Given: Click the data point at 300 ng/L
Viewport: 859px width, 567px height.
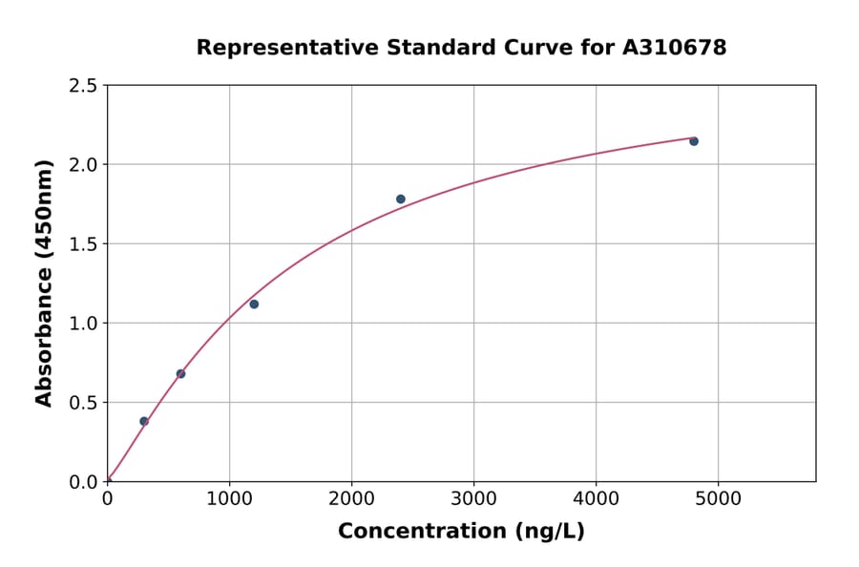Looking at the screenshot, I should click(144, 421).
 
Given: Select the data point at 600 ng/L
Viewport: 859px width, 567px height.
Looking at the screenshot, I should click(180, 373).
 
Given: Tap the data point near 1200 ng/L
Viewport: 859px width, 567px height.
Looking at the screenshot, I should click(254, 304).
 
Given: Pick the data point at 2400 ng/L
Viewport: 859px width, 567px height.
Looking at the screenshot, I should click(401, 199).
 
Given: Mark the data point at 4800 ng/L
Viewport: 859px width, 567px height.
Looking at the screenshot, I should click(694, 141).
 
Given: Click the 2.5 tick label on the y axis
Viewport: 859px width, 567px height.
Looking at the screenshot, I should click(83, 86).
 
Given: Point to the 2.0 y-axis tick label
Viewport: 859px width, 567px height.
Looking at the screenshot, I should click(83, 165).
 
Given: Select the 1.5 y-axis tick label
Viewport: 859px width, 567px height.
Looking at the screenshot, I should click(83, 244).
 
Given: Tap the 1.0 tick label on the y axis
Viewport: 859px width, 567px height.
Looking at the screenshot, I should click(83, 324).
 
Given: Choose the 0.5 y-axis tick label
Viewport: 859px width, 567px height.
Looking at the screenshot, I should click(83, 403).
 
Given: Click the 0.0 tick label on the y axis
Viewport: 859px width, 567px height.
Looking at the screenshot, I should click(83, 482).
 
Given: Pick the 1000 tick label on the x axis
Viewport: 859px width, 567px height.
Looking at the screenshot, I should click(229, 498).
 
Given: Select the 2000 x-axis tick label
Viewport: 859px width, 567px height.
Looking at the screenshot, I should click(351, 498).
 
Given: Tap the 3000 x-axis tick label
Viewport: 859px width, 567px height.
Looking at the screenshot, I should click(473, 498).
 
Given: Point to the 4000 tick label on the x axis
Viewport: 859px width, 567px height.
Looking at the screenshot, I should click(597, 498).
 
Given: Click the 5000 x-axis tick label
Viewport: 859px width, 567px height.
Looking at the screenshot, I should click(719, 498).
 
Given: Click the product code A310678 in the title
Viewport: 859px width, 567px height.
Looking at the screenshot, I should click(674, 47).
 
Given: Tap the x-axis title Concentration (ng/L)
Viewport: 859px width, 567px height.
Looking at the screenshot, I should click(461, 531).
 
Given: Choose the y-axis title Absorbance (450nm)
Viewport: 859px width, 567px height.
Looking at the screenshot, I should click(44, 283).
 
